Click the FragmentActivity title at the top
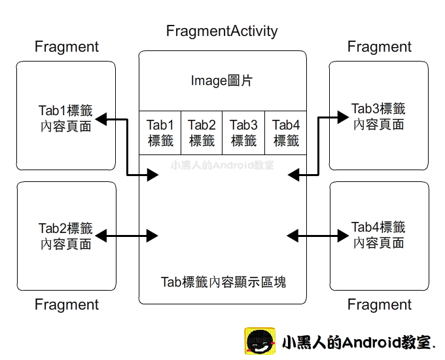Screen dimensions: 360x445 click(x=222, y=31)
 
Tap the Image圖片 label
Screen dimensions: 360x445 click(x=222, y=81)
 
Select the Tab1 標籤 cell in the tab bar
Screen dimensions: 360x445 click(x=160, y=132)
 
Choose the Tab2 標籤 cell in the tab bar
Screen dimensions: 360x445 click(x=202, y=132)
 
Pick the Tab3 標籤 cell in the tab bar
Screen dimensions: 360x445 click(x=243, y=132)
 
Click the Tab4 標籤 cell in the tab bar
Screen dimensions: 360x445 click(x=286, y=132)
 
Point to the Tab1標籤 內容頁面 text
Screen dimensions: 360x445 click(x=65, y=118)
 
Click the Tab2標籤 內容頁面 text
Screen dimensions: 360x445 click(x=65, y=236)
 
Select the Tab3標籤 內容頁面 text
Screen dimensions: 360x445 click(x=378, y=117)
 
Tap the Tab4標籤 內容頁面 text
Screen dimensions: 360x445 click(x=378, y=235)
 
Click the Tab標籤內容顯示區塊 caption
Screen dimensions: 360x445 click(x=223, y=282)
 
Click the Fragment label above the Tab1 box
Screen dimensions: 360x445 click(x=66, y=47)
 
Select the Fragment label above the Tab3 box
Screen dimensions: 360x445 click(x=379, y=47)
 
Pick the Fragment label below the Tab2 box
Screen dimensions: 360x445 click(x=66, y=305)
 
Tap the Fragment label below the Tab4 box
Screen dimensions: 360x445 click(x=379, y=305)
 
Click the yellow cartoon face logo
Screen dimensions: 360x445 click(x=260, y=342)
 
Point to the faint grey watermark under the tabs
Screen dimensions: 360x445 click(x=222, y=166)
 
